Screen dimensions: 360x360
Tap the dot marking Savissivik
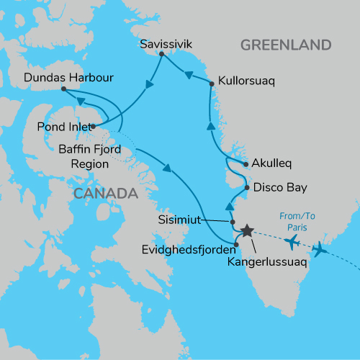coord(161,55)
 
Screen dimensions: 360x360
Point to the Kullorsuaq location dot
coord(212,84)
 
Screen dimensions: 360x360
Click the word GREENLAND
coord(285,45)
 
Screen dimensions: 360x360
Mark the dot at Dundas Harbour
coord(63,89)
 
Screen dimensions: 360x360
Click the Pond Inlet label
coord(63,127)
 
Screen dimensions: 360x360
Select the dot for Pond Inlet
coord(93,126)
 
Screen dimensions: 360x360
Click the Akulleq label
coord(271,163)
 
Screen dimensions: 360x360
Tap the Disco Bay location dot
coord(246,188)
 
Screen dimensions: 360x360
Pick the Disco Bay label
coord(280,188)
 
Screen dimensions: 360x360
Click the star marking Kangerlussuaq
coord(247,230)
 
